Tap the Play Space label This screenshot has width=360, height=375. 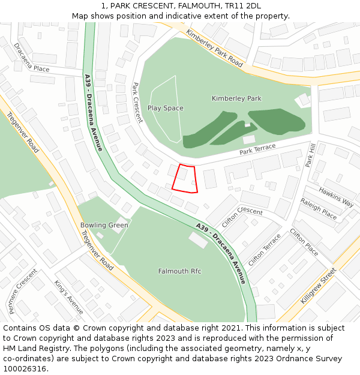click(x=165, y=109)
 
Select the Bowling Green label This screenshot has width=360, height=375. click(x=104, y=226)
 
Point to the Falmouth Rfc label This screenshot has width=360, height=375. click(x=179, y=271)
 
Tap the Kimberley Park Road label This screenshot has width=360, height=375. click(x=214, y=47)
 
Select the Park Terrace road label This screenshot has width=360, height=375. click(x=257, y=149)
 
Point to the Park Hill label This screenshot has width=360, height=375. click(x=310, y=155)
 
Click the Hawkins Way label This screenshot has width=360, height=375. click(x=336, y=197)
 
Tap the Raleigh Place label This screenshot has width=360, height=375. click(x=319, y=209)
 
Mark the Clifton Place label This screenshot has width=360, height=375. click(x=304, y=242)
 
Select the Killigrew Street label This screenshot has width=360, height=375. click(x=319, y=286)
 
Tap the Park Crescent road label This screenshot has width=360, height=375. click(x=137, y=103)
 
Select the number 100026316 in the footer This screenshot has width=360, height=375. click(x=25, y=368)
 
